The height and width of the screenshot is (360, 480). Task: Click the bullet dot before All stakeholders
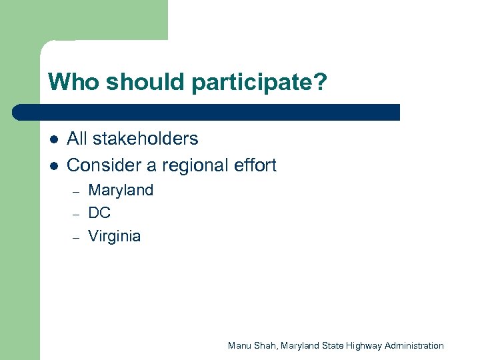coord(53,139)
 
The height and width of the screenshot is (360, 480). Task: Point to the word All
coord(77,139)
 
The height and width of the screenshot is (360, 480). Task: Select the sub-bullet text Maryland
coord(121,191)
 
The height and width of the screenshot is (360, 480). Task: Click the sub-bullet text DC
coord(99,213)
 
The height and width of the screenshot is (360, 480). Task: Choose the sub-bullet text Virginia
coord(115,237)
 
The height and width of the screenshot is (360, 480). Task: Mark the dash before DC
coord(77,214)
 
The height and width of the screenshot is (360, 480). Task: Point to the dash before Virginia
coord(77,237)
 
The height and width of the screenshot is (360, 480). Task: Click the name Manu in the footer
coord(239,345)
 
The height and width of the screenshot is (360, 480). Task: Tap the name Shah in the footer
coord(266,345)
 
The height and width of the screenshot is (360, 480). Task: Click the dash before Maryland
coord(77,191)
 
